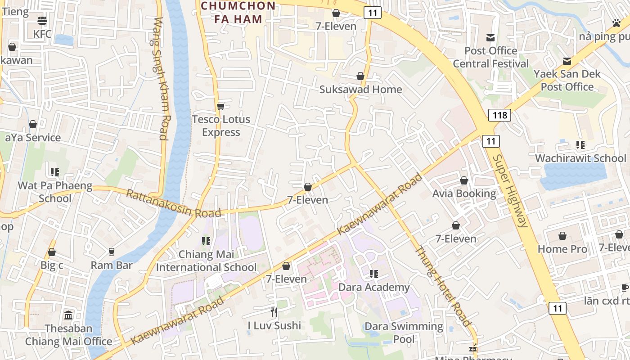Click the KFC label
tap(42, 34)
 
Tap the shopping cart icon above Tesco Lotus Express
tap(220, 106)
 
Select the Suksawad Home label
tap(360, 89)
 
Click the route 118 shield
tap(500, 115)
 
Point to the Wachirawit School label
tap(580, 158)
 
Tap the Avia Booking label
tap(464, 193)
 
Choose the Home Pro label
tap(562, 249)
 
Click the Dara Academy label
tap(373, 287)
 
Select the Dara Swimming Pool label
tap(404, 332)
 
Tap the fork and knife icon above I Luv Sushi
tap(274, 312)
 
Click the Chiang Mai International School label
tap(206, 261)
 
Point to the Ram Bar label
tap(112, 265)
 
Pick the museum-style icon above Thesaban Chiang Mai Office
tap(68, 315)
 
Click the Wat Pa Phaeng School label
tap(54, 192)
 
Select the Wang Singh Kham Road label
tap(161, 79)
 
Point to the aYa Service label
tap(32, 138)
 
